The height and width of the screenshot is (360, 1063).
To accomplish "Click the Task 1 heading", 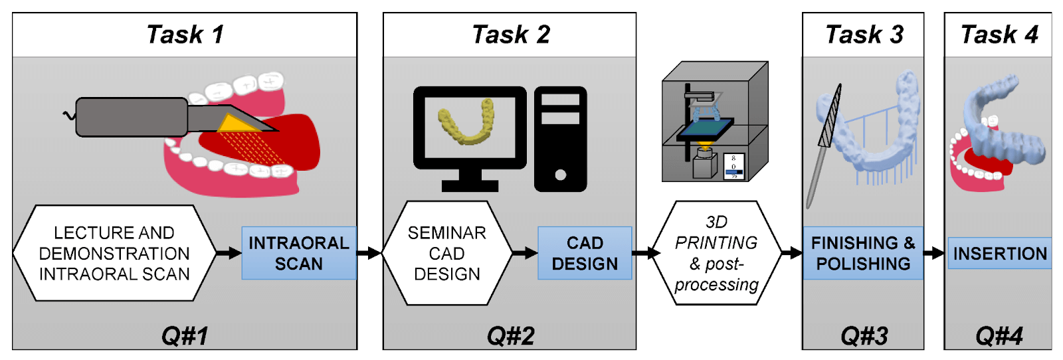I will pos(185,35).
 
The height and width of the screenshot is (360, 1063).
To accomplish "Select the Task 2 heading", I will pos(510,35).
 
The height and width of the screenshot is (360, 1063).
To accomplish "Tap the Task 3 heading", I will pos(864,35).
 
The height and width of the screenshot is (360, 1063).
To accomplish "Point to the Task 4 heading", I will pos(999,35).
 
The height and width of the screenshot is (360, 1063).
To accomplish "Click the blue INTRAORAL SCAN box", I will pos(299,253).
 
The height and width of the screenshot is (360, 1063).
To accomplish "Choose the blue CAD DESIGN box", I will pos(585,253).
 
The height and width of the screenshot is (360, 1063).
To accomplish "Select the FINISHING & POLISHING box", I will pos(863,253).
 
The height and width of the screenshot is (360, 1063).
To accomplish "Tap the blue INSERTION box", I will pos(999,253).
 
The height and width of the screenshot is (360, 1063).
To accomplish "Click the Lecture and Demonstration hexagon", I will pos(114,253).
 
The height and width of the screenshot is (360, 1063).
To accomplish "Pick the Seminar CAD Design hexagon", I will pos(447,253).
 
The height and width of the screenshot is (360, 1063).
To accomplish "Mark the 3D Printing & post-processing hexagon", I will pos(716,253).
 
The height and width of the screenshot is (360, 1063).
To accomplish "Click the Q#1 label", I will pos(185,336).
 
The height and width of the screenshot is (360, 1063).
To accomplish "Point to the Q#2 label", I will pos(510,336).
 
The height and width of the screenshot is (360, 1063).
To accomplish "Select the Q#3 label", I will pos(864,336).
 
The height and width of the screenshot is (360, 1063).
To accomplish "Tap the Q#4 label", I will pos(999,336).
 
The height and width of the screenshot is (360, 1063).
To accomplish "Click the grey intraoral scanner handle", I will pos(132,117).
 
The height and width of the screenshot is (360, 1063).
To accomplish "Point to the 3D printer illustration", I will pos(715,122).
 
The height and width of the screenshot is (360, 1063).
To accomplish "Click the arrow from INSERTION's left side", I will pos(935,253).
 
